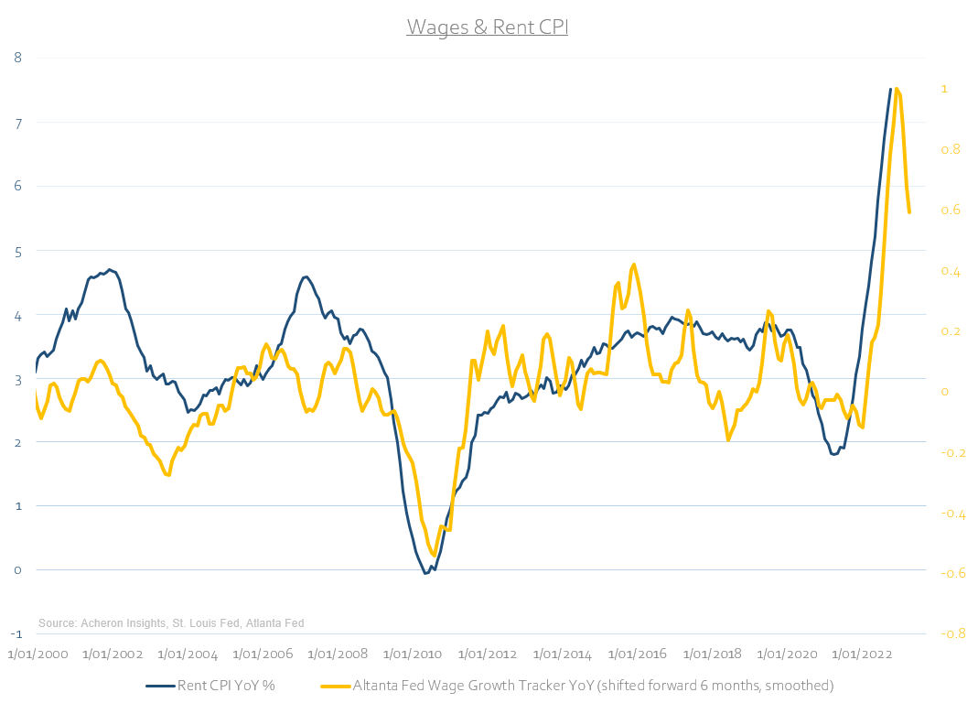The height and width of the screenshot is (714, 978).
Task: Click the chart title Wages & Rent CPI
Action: (488, 27)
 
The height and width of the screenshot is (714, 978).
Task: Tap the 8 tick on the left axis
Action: (16, 57)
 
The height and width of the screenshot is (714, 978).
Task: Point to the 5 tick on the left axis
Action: (16, 250)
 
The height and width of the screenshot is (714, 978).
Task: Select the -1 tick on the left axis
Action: (16, 633)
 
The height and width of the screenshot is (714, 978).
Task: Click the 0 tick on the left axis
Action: (16, 569)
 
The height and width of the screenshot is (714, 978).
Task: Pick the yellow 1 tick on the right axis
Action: (943, 89)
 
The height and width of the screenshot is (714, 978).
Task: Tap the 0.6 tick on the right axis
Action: (951, 210)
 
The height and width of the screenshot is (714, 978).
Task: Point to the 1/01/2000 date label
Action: (38, 654)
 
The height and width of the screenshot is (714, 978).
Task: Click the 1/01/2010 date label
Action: (412, 654)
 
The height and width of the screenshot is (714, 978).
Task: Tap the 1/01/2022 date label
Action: (861, 654)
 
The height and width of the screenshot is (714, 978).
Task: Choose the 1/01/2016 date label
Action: (637, 654)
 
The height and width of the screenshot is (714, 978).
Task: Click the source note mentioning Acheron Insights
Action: (171, 623)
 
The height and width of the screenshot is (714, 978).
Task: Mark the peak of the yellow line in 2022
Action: (897, 89)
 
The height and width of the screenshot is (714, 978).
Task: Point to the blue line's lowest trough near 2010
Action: (425, 573)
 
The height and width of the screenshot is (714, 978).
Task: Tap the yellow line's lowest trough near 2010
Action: (435, 555)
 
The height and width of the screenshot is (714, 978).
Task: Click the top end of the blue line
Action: (890, 89)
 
